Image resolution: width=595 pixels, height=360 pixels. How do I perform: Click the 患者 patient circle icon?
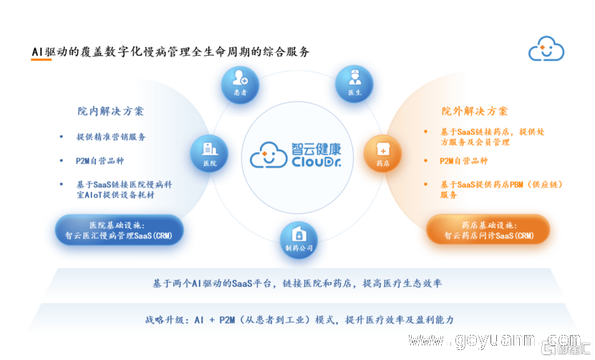(240, 84)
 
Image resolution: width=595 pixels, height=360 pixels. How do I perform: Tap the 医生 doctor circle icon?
(354, 84)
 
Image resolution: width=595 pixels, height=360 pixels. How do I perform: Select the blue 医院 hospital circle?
(209, 154)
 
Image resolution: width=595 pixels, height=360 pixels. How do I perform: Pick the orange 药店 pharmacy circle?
(382, 154)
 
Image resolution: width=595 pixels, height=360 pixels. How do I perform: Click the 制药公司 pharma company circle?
(299, 240)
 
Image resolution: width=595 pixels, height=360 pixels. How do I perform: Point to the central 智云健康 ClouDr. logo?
(296, 155)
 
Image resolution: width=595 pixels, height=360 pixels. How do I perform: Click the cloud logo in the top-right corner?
(546, 49)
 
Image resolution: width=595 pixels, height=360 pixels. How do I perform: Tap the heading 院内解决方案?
(111, 111)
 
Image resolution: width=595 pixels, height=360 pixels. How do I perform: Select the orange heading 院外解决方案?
(474, 111)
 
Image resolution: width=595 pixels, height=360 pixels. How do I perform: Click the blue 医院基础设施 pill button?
(119, 230)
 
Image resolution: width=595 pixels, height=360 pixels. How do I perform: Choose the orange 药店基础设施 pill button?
(488, 230)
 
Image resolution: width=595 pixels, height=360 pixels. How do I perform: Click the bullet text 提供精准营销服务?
(111, 137)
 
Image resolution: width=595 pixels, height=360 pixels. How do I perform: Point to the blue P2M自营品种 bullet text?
(100, 161)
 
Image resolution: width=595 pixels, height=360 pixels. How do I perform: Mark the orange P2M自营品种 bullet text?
(464, 161)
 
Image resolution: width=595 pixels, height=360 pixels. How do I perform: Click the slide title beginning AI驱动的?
(170, 52)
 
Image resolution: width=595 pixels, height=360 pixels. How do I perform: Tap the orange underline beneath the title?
(41, 59)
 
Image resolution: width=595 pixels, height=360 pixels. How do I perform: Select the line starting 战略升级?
(299, 320)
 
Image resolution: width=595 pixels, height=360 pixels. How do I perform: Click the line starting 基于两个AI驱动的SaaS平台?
(297, 283)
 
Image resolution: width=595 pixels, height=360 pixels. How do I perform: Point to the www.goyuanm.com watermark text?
(495, 340)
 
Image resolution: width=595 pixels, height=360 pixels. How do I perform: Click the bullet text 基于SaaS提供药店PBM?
(502, 190)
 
